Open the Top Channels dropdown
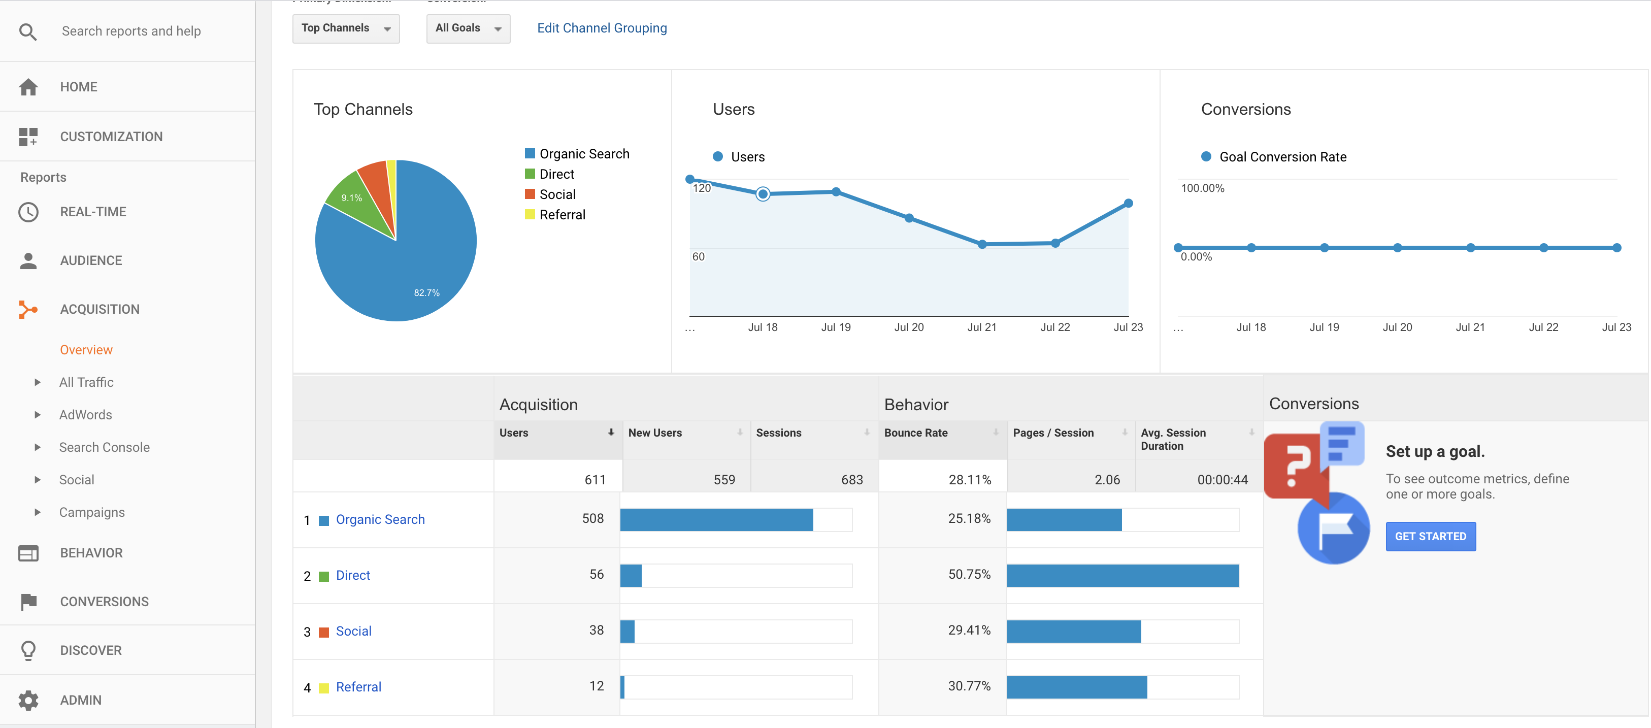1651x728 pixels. click(345, 28)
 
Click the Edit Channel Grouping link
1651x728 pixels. click(601, 28)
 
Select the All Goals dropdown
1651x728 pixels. click(467, 28)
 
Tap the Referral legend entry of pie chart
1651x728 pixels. click(562, 215)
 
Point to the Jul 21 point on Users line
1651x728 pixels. click(982, 244)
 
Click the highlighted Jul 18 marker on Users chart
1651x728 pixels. click(763, 193)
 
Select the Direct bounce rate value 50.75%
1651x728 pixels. click(969, 574)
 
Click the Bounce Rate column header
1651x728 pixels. click(916, 433)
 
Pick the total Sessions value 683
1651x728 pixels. click(852, 479)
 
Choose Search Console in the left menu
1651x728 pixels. click(105, 447)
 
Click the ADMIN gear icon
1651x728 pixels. click(28, 700)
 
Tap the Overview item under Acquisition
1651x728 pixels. click(86, 350)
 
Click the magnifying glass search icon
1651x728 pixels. click(27, 31)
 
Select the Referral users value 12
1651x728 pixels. click(596, 686)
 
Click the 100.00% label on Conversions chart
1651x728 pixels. click(1202, 188)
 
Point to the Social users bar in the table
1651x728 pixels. click(628, 631)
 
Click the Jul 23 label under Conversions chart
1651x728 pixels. click(1616, 327)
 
